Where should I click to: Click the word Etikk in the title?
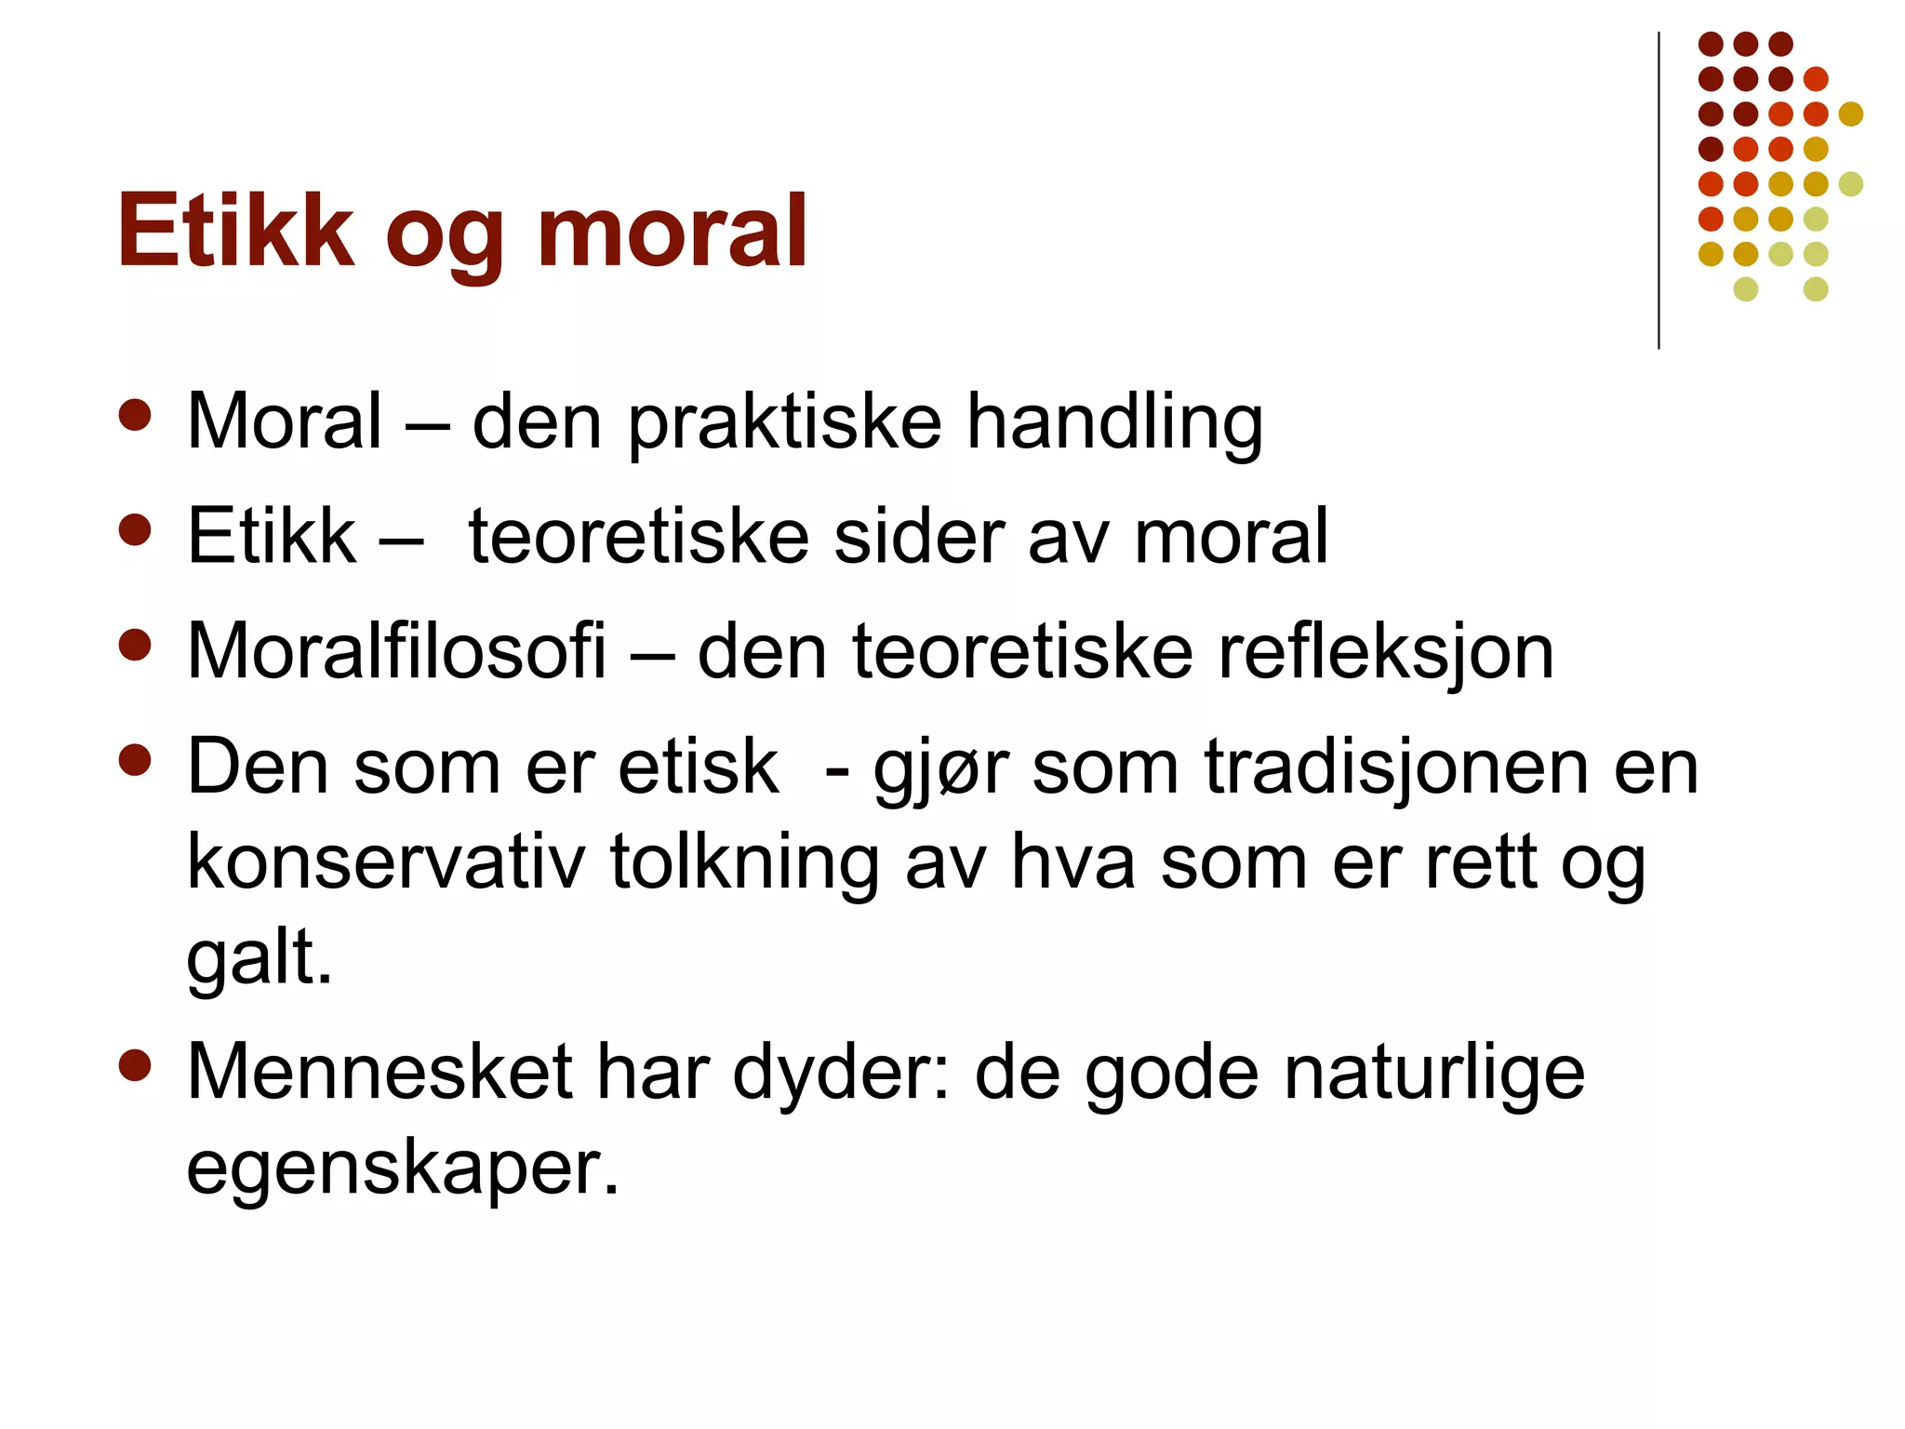(x=235, y=231)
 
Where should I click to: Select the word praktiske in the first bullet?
(x=785, y=423)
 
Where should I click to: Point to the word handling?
(x=1114, y=423)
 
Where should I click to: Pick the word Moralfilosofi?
(x=396, y=651)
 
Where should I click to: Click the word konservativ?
(x=386, y=862)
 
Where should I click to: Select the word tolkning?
(x=744, y=864)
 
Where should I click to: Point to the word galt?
(x=259, y=958)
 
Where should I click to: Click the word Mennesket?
(x=380, y=1073)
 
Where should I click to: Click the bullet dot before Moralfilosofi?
(x=135, y=646)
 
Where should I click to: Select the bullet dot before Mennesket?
(x=135, y=1066)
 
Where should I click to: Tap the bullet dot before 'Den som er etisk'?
(x=135, y=760)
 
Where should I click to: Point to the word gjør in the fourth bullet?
(x=940, y=770)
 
